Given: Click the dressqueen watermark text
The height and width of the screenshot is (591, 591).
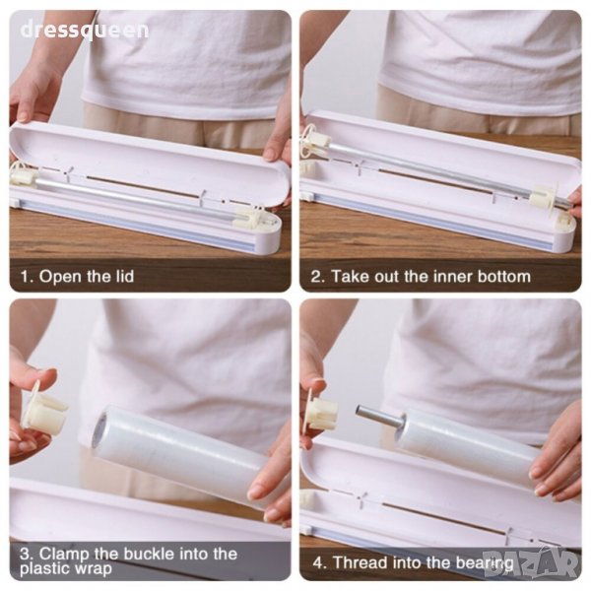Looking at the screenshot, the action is (x=85, y=31).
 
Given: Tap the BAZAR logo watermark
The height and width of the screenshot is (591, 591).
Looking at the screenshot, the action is (x=531, y=561).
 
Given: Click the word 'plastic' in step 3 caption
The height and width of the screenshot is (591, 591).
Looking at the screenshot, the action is (x=43, y=568).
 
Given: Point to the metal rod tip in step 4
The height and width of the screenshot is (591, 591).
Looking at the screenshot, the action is (x=360, y=411).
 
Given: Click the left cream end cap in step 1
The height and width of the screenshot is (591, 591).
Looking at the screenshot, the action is (x=23, y=175).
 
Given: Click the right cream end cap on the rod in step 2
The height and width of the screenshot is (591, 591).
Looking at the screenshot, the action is (x=543, y=197).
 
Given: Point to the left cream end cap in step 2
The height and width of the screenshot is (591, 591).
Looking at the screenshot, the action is (x=316, y=142).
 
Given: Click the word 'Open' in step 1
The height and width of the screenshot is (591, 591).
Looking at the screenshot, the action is (x=61, y=277).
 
